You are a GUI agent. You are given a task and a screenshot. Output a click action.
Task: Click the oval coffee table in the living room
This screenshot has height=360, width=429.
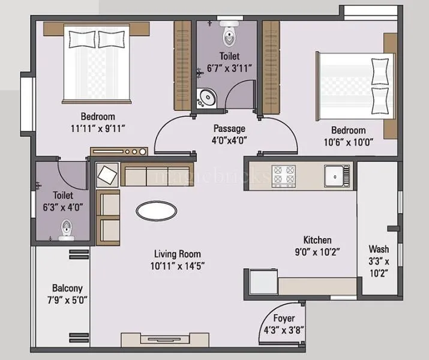pyautogui.click(x=157, y=211)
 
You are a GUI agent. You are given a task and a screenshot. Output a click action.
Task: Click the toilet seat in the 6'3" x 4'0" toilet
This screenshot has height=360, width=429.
pyautogui.click(x=66, y=229)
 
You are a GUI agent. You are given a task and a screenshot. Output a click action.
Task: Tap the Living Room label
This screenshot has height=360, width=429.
pyautogui.click(x=177, y=254)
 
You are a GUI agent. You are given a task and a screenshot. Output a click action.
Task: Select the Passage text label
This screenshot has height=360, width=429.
pyautogui.click(x=229, y=128)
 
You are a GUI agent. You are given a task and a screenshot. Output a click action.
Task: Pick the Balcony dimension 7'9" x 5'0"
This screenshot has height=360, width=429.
pyautogui.click(x=67, y=299)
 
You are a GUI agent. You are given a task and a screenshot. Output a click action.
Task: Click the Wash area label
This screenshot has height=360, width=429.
pyautogui.click(x=379, y=249)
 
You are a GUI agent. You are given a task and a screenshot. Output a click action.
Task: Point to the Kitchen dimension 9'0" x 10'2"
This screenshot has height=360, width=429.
pyautogui.click(x=317, y=251)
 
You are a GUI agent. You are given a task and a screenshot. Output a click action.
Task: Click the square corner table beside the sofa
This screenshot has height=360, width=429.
pyautogui.click(x=108, y=175)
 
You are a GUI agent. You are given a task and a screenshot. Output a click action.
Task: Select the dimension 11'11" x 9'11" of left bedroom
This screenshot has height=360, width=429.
pyautogui.click(x=98, y=128)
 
